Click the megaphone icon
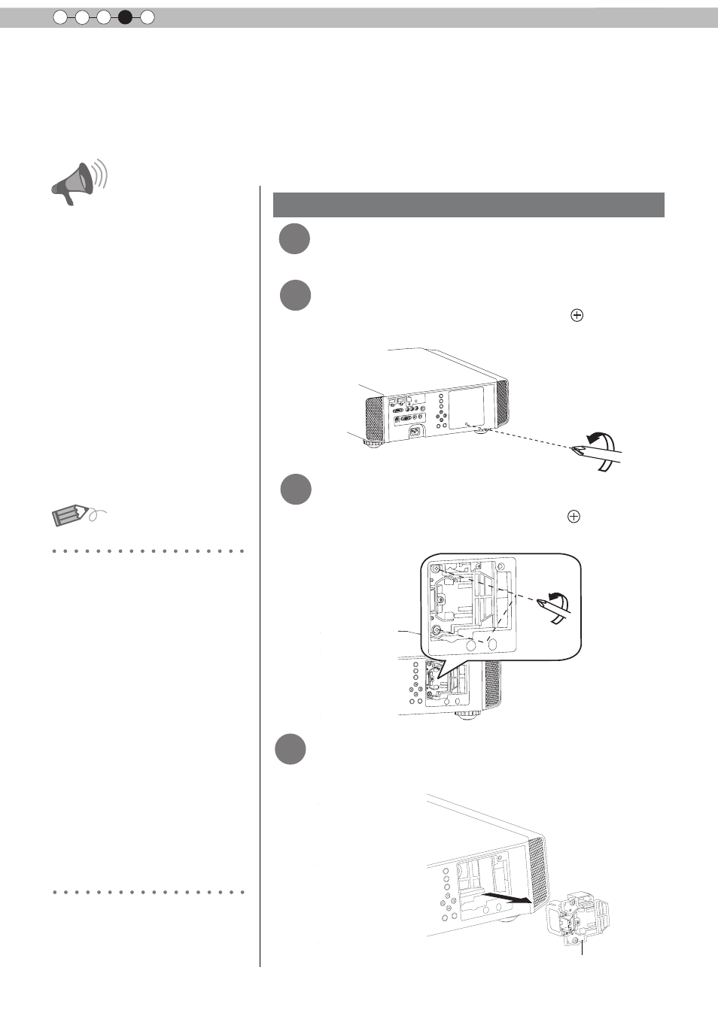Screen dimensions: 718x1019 coord(78,183)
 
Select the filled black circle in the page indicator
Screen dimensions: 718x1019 coord(125,17)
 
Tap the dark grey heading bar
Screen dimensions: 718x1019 coord(468,205)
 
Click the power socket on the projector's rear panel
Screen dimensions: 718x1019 coord(414,432)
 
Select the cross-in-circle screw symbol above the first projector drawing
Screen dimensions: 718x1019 coord(577,316)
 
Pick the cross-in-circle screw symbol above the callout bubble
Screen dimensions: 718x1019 coord(573,517)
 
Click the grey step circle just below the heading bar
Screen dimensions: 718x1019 coord(294,239)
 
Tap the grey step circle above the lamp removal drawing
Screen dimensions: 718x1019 coord(290,749)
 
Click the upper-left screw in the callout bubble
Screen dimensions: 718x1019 coord(437,572)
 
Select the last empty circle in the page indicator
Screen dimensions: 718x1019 coord(148,17)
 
